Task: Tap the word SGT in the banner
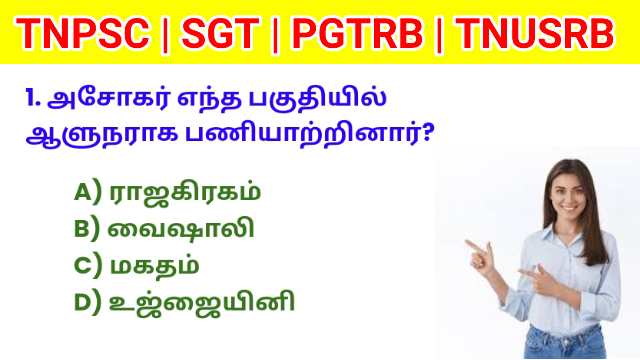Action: click(x=220, y=34)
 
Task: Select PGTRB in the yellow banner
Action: click(x=357, y=34)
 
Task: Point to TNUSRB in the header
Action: click(x=535, y=34)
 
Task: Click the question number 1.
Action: click(x=33, y=98)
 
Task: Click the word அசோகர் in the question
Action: click(x=108, y=98)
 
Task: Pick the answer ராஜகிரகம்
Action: click(x=185, y=193)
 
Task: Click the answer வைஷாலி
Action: click(x=180, y=229)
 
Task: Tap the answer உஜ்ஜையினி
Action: click(x=202, y=303)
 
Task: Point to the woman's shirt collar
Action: click(x=563, y=235)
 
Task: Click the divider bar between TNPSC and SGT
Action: click(x=165, y=35)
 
